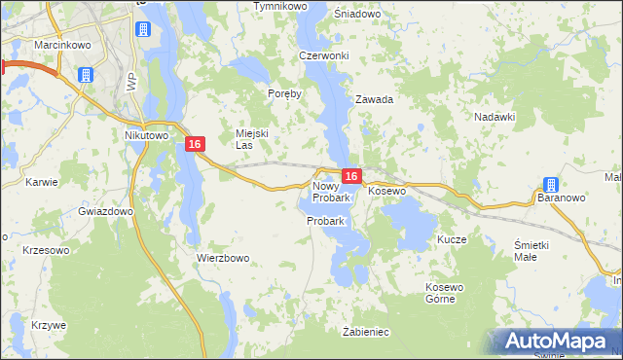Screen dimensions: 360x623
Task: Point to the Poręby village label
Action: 285,94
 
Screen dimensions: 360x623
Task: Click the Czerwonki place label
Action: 324,55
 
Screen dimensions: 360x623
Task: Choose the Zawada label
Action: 374,99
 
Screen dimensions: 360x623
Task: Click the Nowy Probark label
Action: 331,192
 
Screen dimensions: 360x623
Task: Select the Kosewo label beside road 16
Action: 386,192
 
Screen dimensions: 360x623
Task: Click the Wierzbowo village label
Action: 224,258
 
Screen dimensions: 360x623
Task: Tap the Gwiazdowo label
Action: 105,211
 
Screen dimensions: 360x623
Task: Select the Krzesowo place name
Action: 46,250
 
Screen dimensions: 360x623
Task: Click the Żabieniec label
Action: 365,332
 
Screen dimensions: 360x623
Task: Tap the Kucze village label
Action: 453,239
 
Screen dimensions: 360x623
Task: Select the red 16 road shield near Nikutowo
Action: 196,144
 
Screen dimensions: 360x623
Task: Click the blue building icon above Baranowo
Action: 550,185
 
